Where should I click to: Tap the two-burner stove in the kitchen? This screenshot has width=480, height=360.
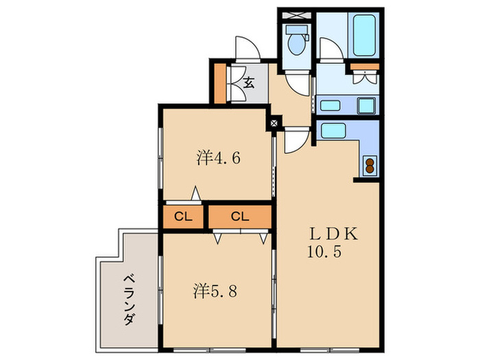point(370,165)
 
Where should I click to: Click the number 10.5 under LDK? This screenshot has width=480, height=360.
point(324,252)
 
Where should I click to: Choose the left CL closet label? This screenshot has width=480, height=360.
point(183,217)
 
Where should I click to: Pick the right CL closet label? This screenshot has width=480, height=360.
point(239,217)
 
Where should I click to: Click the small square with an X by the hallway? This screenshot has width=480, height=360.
point(274,123)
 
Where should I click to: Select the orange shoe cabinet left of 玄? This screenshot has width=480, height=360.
point(219,82)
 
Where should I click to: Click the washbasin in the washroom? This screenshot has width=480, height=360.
point(331,106)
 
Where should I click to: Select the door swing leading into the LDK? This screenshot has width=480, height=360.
point(295,142)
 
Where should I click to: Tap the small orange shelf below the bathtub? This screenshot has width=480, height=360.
point(363,67)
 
